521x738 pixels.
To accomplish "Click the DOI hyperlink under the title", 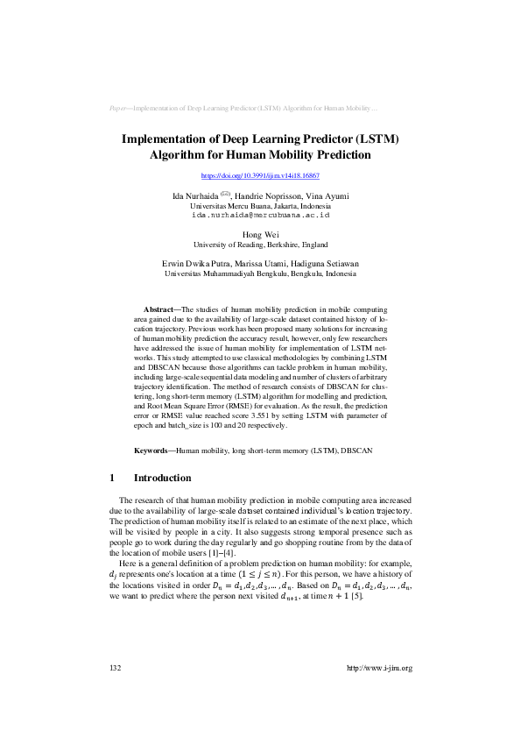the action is (x=260, y=176).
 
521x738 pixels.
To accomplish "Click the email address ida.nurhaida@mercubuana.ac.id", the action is (x=260, y=214).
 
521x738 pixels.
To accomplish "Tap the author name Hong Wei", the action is (x=260, y=235).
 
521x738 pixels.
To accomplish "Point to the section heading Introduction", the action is (x=162, y=479).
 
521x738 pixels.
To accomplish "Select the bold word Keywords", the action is (x=151, y=450).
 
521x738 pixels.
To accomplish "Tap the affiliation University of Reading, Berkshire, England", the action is (x=260, y=245).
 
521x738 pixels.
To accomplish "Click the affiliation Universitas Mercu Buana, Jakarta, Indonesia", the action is (x=260, y=204).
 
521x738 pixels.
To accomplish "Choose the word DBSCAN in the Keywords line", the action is (x=356, y=450).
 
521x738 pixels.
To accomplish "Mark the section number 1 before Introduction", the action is (x=112, y=479).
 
